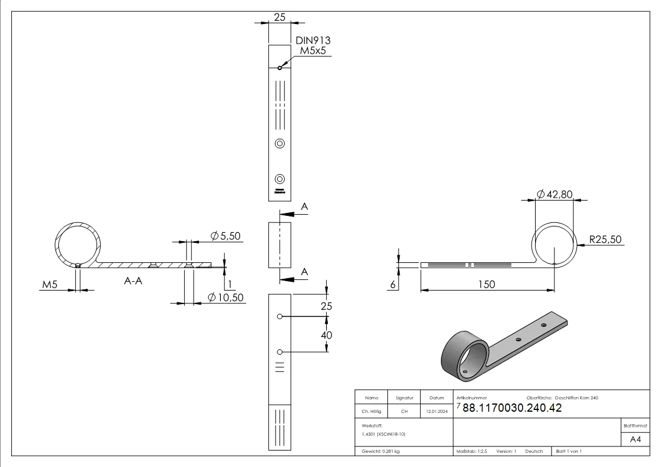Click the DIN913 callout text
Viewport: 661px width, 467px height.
click(313, 40)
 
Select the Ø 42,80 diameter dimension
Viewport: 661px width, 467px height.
click(554, 195)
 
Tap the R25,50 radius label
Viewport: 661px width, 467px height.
click(604, 239)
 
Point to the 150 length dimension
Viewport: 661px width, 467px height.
click(487, 284)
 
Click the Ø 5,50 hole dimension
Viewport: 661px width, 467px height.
click(227, 236)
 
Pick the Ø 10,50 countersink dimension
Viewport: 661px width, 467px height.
click(227, 298)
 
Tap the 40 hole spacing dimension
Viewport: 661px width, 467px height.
click(325, 335)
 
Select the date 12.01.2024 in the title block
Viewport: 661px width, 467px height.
click(436, 412)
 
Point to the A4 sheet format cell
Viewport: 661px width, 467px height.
click(635, 439)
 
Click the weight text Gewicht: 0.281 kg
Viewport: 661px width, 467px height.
click(383, 451)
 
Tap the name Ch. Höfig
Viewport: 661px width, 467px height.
click(371, 412)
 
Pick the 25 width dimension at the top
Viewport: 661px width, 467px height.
click(280, 17)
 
